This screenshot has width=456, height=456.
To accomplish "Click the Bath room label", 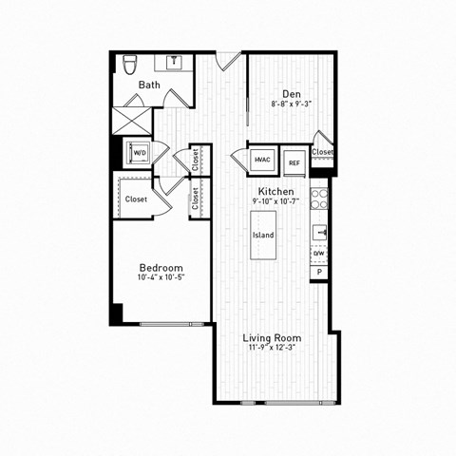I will pyautogui.click(x=149, y=85).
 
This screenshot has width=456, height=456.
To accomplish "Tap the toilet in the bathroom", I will pyautogui.click(x=130, y=66).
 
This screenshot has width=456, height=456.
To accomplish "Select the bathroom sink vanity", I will pyautogui.click(x=175, y=64).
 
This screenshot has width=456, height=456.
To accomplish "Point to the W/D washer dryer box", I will pyautogui.click(x=139, y=152).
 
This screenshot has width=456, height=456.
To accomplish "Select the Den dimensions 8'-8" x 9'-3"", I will pyautogui.click(x=278, y=104).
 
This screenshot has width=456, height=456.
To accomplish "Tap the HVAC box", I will pyautogui.click(x=261, y=161).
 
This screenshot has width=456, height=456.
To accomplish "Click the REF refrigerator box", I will pyautogui.click(x=294, y=161).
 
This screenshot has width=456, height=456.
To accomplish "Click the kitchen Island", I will pyautogui.click(x=263, y=235).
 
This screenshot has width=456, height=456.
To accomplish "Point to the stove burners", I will pyautogui.click(x=320, y=199).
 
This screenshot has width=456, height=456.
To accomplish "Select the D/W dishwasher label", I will pyautogui.click(x=319, y=254).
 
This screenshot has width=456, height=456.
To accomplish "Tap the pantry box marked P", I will pyautogui.click(x=319, y=273).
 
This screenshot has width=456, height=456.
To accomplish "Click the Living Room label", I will pyautogui.click(x=272, y=337).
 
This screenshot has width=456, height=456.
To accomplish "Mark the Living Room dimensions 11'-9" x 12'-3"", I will pyautogui.click(x=272, y=348).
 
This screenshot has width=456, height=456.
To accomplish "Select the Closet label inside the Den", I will pyautogui.click(x=323, y=152).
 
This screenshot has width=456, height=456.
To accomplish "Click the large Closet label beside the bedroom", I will pyautogui.click(x=136, y=199).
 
